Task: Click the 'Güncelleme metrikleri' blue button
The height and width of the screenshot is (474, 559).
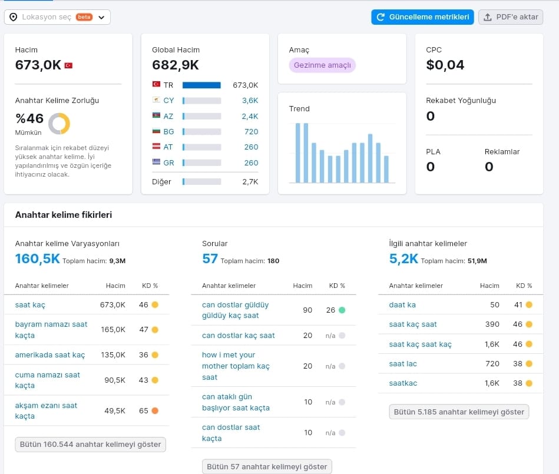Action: coord(422,17)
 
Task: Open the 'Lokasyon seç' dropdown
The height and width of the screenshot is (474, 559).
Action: coord(57,17)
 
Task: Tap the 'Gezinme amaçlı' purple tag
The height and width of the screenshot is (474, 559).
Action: coord(322,65)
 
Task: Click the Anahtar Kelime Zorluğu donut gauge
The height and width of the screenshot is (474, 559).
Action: coord(59,124)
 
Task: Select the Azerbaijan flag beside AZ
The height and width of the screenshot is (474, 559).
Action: coord(156,115)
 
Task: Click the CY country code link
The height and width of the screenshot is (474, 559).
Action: coord(168,101)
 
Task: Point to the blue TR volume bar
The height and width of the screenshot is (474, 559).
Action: coord(201,85)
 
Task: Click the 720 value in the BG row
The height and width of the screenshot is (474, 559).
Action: coord(252,131)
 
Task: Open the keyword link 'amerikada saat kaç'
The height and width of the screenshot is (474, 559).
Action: coord(50,355)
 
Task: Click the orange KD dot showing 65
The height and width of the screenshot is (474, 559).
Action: coord(155,410)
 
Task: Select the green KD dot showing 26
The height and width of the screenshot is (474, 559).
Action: coord(342,310)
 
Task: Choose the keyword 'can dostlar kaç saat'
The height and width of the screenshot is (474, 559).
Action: coord(239,336)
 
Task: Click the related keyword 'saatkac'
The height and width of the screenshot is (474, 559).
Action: coord(403,383)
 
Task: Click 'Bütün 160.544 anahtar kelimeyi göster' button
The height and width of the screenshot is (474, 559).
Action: coord(91,445)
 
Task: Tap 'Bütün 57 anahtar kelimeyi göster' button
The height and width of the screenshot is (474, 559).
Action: coord(267,466)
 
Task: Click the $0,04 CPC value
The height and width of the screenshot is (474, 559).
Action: coord(445,65)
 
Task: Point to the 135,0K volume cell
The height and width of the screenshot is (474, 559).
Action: coord(113,355)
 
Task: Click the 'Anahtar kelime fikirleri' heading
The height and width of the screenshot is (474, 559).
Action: coord(64,214)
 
